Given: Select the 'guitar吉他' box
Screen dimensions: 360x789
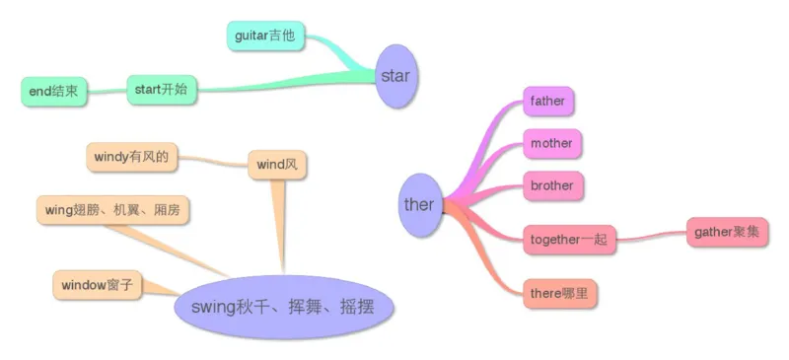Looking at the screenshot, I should coord(265,36).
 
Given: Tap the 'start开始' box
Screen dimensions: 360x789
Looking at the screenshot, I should coord(162,90).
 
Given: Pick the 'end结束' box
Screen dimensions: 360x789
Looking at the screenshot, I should coord(55,92).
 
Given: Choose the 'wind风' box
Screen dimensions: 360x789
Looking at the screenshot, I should coord(276,164).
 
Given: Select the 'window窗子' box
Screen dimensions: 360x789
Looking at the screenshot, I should coord(97,286).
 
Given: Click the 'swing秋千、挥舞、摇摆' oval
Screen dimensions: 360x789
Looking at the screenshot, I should coord(283,307).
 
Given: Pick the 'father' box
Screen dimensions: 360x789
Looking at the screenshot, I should coord(548,101).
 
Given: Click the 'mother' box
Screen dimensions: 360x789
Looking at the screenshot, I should coord(550,143).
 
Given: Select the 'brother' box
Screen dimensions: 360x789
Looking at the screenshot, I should coord(551,184).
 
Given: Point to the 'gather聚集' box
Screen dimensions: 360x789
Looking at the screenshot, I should coord(727,232).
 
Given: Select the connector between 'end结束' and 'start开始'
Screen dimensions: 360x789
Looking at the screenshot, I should coord(108,91).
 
